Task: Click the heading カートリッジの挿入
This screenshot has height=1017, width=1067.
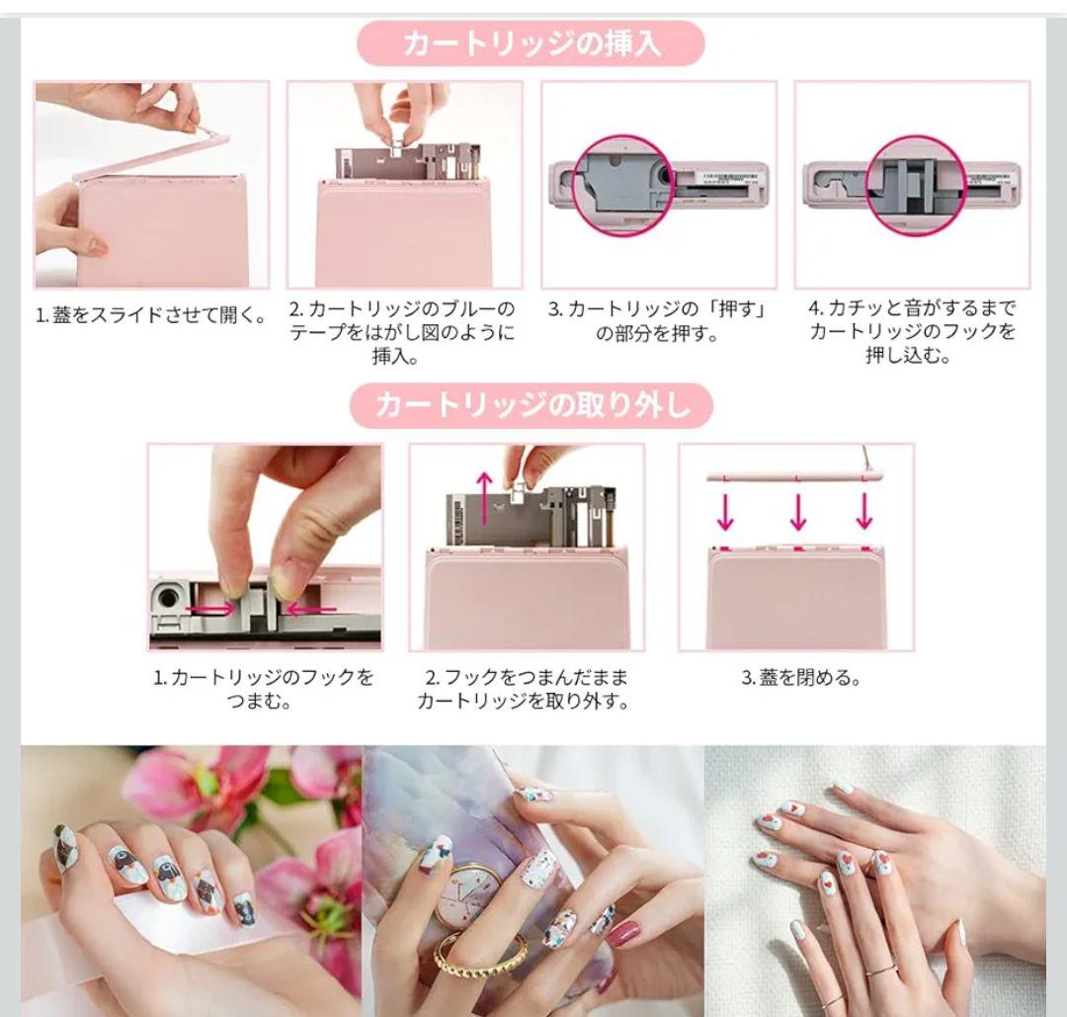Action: (x=532, y=43)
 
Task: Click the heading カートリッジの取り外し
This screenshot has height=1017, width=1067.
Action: (x=532, y=405)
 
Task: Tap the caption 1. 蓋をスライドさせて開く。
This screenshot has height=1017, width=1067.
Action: (x=151, y=316)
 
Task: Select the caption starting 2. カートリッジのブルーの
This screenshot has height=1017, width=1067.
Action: (x=402, y=332)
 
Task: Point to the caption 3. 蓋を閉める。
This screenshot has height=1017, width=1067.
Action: (x=801, y=678)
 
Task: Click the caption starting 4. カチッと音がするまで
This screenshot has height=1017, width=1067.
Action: (x=912, y=332)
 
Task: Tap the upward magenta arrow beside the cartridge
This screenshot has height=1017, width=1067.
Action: (x=484, y=497)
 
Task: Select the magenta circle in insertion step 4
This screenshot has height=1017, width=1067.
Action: (x=916, y=187)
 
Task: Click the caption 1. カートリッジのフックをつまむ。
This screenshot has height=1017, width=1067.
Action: (x=264, y=690)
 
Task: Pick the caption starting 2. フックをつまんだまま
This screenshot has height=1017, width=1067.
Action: (x=524, y=690)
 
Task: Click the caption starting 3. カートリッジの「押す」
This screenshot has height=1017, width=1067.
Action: (x=658, y=321)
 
